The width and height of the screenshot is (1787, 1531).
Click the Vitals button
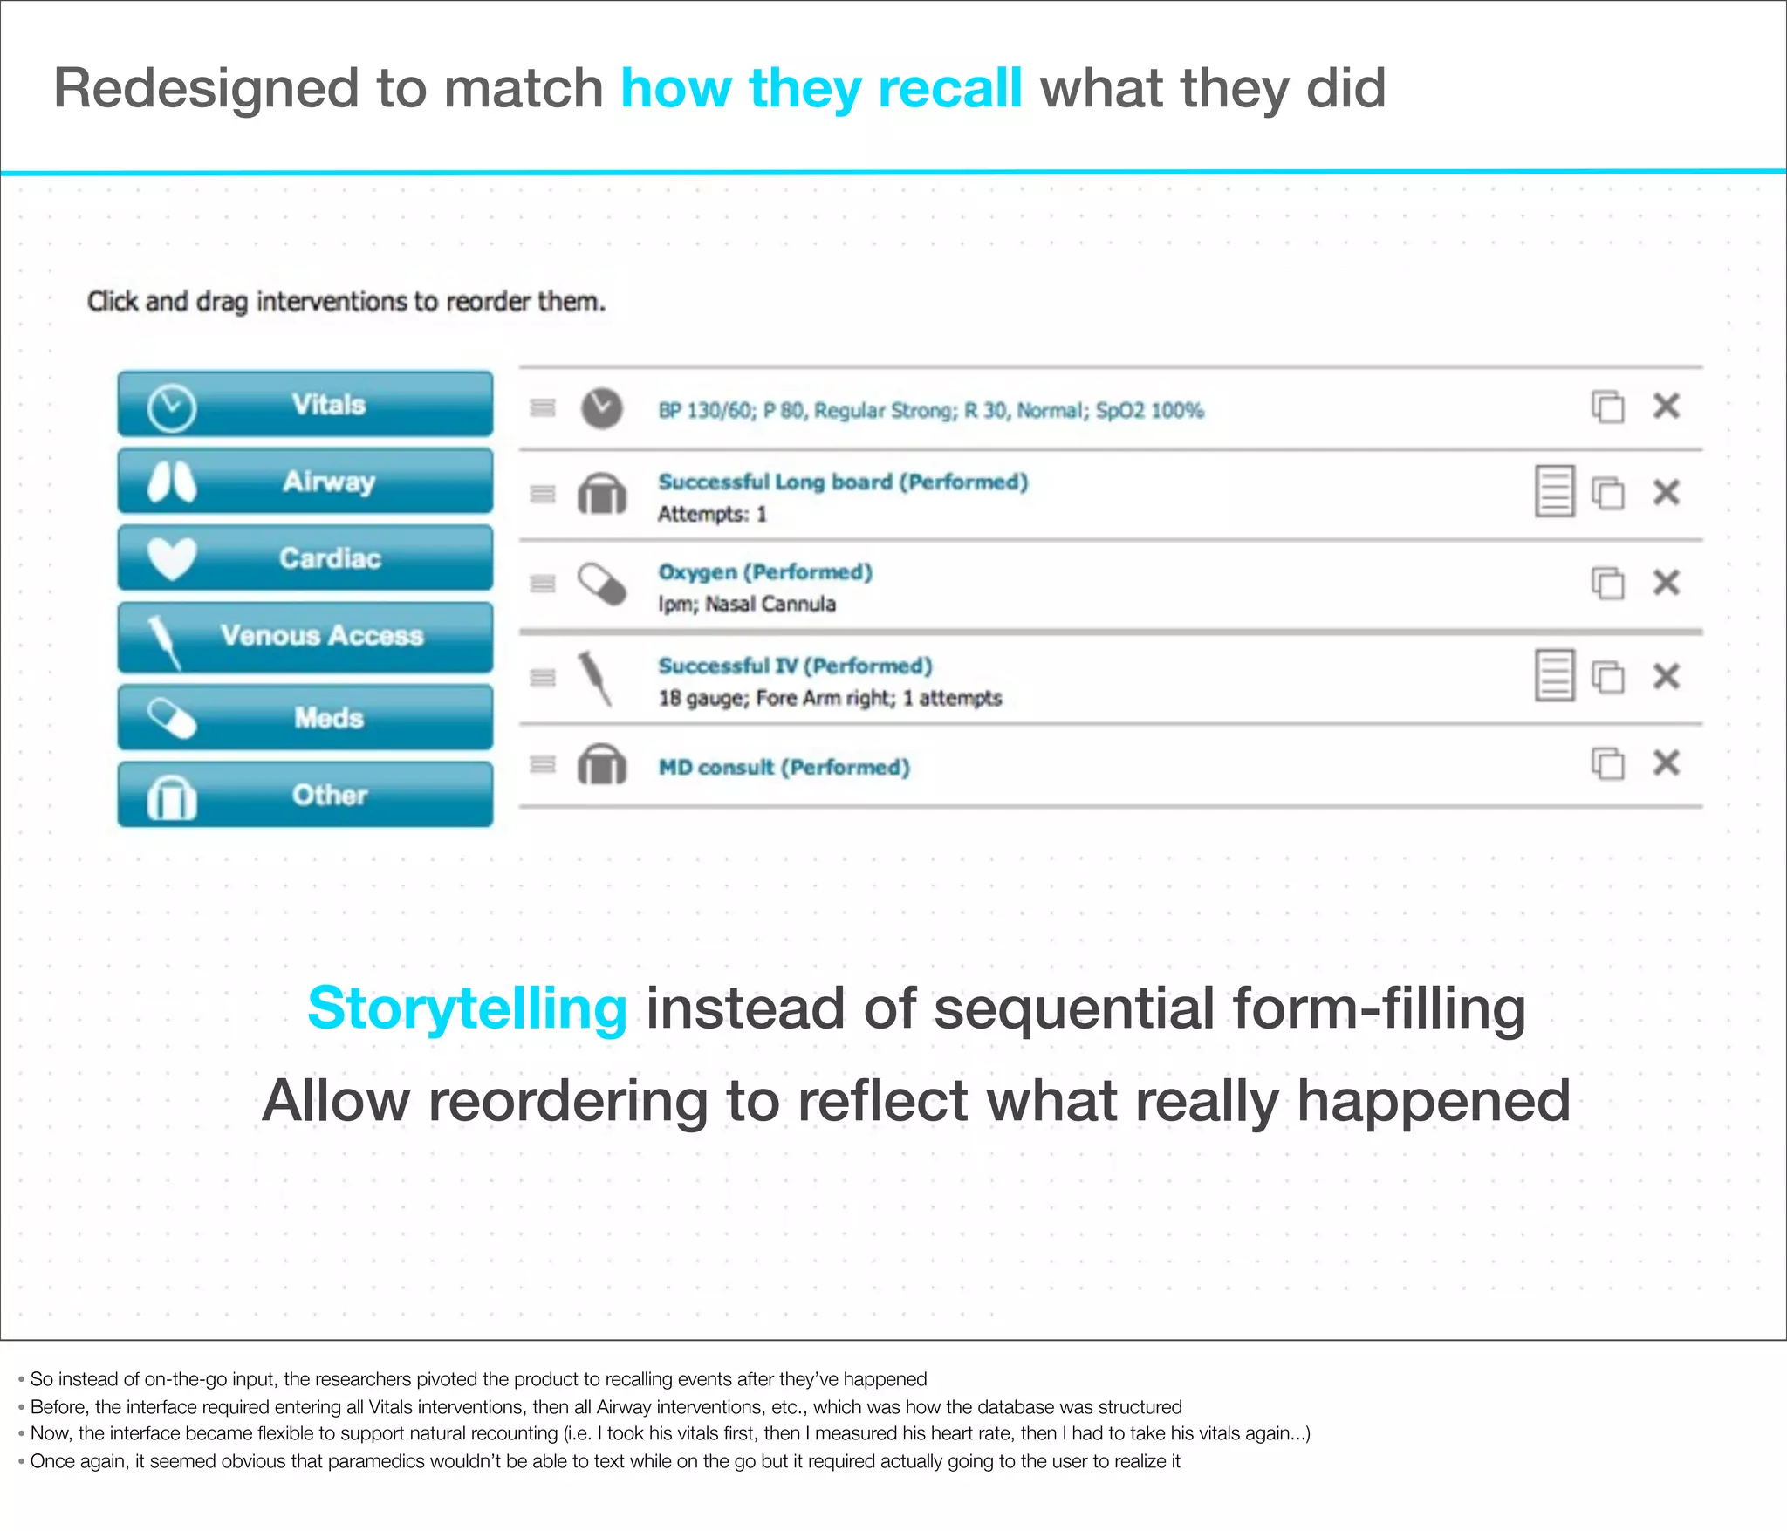pyautogui.click(x=305, y=404)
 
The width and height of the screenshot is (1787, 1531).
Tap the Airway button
pyautogui.click(x=305, y=481)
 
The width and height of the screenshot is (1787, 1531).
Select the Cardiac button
pyautogui.click(x=305, y=557)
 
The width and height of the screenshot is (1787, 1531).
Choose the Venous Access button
pyautogui.click(x=305, y=636)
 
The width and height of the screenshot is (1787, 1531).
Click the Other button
pyautogui.click(x=305, y=794)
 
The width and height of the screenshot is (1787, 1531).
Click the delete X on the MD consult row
pyautogui.click(x=1666, y=763)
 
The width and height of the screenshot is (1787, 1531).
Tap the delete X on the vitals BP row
pyautogui.click(x=1666, y=406)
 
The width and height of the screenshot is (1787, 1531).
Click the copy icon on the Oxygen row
pyautogui.click(x=1607, y=583)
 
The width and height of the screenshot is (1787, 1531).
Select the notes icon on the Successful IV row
pyautogui.click(x=1554, y=675)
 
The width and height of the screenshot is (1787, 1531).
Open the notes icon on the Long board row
pyautogui.click(x=1554, y=491)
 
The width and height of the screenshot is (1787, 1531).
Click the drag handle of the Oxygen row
pyautogui.click(x=543, y=584)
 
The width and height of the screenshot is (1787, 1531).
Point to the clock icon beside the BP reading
pyautogui.click(x=602, y=407)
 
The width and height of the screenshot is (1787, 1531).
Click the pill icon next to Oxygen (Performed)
pyautogui.click(x=602, y=584)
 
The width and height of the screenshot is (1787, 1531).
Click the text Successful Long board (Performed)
pyautogui.click(x=843, y=482)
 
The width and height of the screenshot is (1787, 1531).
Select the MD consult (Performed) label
pyautogui.click(x=784, y=768)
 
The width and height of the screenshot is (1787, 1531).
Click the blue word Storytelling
pyautogui.click(x=467, y=1008)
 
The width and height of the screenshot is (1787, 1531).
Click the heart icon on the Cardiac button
pyautogui.click(x=172, y=558)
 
